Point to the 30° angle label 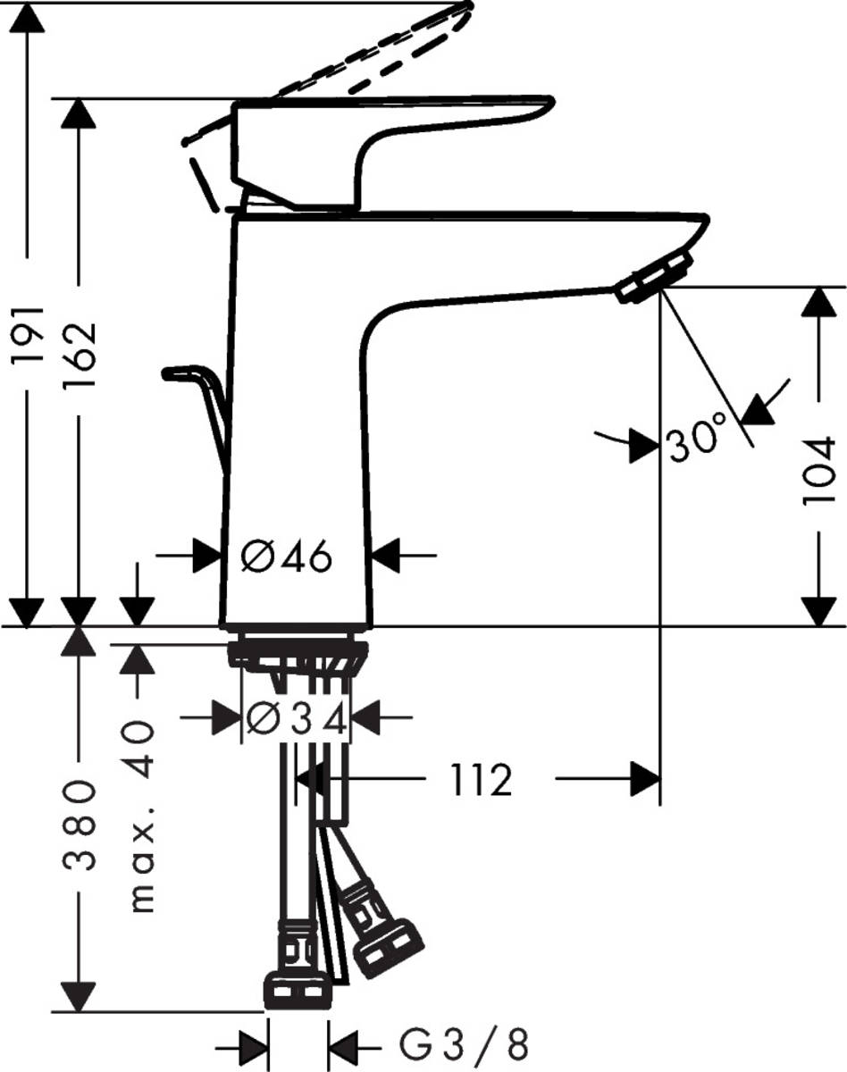click(x=695, y=440)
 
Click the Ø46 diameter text click(x=287, y=558)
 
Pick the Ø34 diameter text click(x=296, y=718)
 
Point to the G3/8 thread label click(x=463, y=1043)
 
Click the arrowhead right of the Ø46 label click(x=386, y=557)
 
